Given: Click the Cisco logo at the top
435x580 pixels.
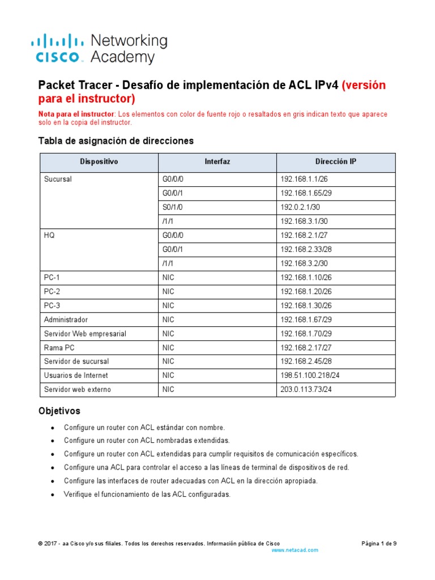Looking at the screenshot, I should click(57, 48).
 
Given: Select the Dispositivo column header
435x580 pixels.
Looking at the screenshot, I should click(99, 162).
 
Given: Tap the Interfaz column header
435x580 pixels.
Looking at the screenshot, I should click(217, 162).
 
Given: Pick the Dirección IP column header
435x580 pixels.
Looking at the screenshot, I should click(335, 162).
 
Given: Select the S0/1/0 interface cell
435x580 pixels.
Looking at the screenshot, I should click(173, 207).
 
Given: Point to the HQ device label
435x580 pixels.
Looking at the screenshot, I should click(49, 236).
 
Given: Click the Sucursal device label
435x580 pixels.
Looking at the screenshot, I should click(58, 180).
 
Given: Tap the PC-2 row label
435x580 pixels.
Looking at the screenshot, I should click(52, 291).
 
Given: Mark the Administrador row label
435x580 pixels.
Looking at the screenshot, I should click(66, 319).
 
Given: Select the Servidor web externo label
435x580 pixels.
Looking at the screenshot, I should click(77, 389).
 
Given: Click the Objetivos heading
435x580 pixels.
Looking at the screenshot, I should click(59, 410).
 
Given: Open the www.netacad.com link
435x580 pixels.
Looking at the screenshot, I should click(295, 550).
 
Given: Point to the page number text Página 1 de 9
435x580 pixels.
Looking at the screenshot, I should click(379, 543).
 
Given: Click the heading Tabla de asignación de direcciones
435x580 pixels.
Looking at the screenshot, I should click(116, 140).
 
